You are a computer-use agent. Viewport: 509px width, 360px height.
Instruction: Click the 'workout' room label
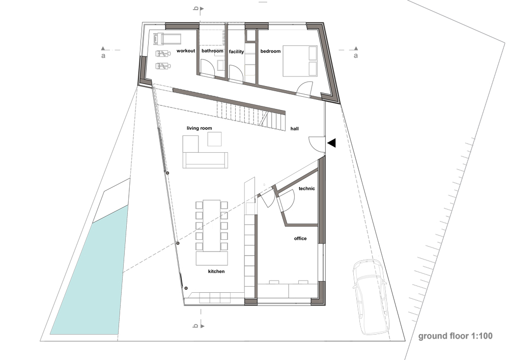click(x=186, y=51)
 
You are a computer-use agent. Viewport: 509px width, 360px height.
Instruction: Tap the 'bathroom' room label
click(x=212, y=51)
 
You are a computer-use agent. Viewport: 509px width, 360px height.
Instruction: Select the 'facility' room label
click(x=237, y=51)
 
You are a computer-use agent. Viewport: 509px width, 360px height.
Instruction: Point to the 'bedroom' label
click(x=270, y=51)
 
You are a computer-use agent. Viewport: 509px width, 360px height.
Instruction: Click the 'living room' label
click(x=199, y=128)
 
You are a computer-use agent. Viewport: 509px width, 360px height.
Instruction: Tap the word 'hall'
click(x=295, y=129)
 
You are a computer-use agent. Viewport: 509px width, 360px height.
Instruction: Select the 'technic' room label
click(x=306, y=189)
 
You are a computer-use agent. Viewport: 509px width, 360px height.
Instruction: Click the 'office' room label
click(x=300, y=238)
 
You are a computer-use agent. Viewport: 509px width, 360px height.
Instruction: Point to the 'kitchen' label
click(x=216, y=272)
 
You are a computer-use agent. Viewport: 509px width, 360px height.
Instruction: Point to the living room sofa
click(x=206, y=160)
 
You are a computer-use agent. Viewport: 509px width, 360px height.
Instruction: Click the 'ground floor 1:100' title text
click(x=455, y=336)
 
